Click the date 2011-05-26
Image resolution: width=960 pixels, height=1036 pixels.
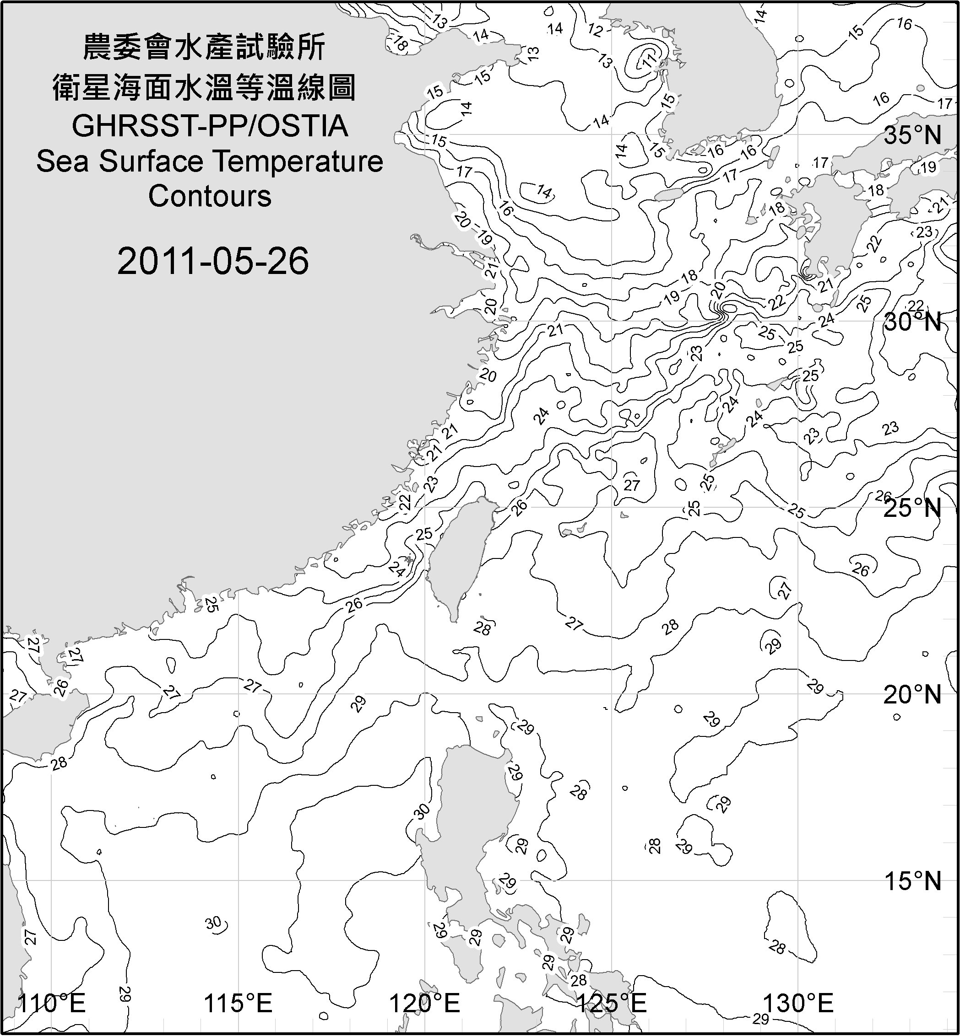click(213, 261)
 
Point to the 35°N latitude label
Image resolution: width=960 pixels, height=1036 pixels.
click(913, 135)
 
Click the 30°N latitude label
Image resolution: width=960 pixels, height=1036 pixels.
click(913, 322)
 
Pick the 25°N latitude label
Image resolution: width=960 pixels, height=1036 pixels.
click(913, 508)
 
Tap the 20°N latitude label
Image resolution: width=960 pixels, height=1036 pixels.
click(913, 694)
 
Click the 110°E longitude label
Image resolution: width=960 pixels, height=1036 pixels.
click(51, 1004)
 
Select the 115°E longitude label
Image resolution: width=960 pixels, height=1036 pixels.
click(239, 1004)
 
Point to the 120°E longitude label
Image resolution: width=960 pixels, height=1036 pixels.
click(425, 1004)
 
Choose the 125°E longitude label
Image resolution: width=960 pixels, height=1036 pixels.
click(612, 1004)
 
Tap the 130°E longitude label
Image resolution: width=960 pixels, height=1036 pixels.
click(798, 1004)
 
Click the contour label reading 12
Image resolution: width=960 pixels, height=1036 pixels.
click(595, 31)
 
